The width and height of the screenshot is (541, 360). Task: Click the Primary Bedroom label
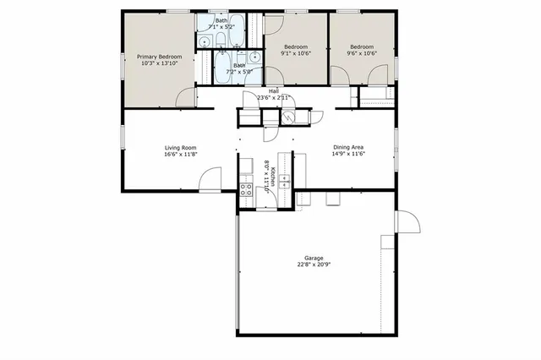click(159, 57)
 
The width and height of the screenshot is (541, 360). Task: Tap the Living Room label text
click(180, 148)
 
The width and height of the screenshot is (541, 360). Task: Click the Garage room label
click(314, 258)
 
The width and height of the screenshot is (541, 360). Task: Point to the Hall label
click(274, 90)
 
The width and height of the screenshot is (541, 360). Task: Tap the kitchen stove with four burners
click(246, 189)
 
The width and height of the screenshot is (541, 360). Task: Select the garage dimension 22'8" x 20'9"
click(314, 265)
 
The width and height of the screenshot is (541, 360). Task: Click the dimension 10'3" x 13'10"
click(159, 63)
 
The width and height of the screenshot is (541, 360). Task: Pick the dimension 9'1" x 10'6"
click(295, 52)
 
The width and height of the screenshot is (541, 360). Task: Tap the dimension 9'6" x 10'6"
click(362, 52)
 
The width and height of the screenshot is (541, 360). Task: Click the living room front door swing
click(211, 180)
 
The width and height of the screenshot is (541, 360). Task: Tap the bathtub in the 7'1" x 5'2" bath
click(232, 30)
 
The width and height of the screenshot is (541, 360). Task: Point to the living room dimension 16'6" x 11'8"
click(180, 155)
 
